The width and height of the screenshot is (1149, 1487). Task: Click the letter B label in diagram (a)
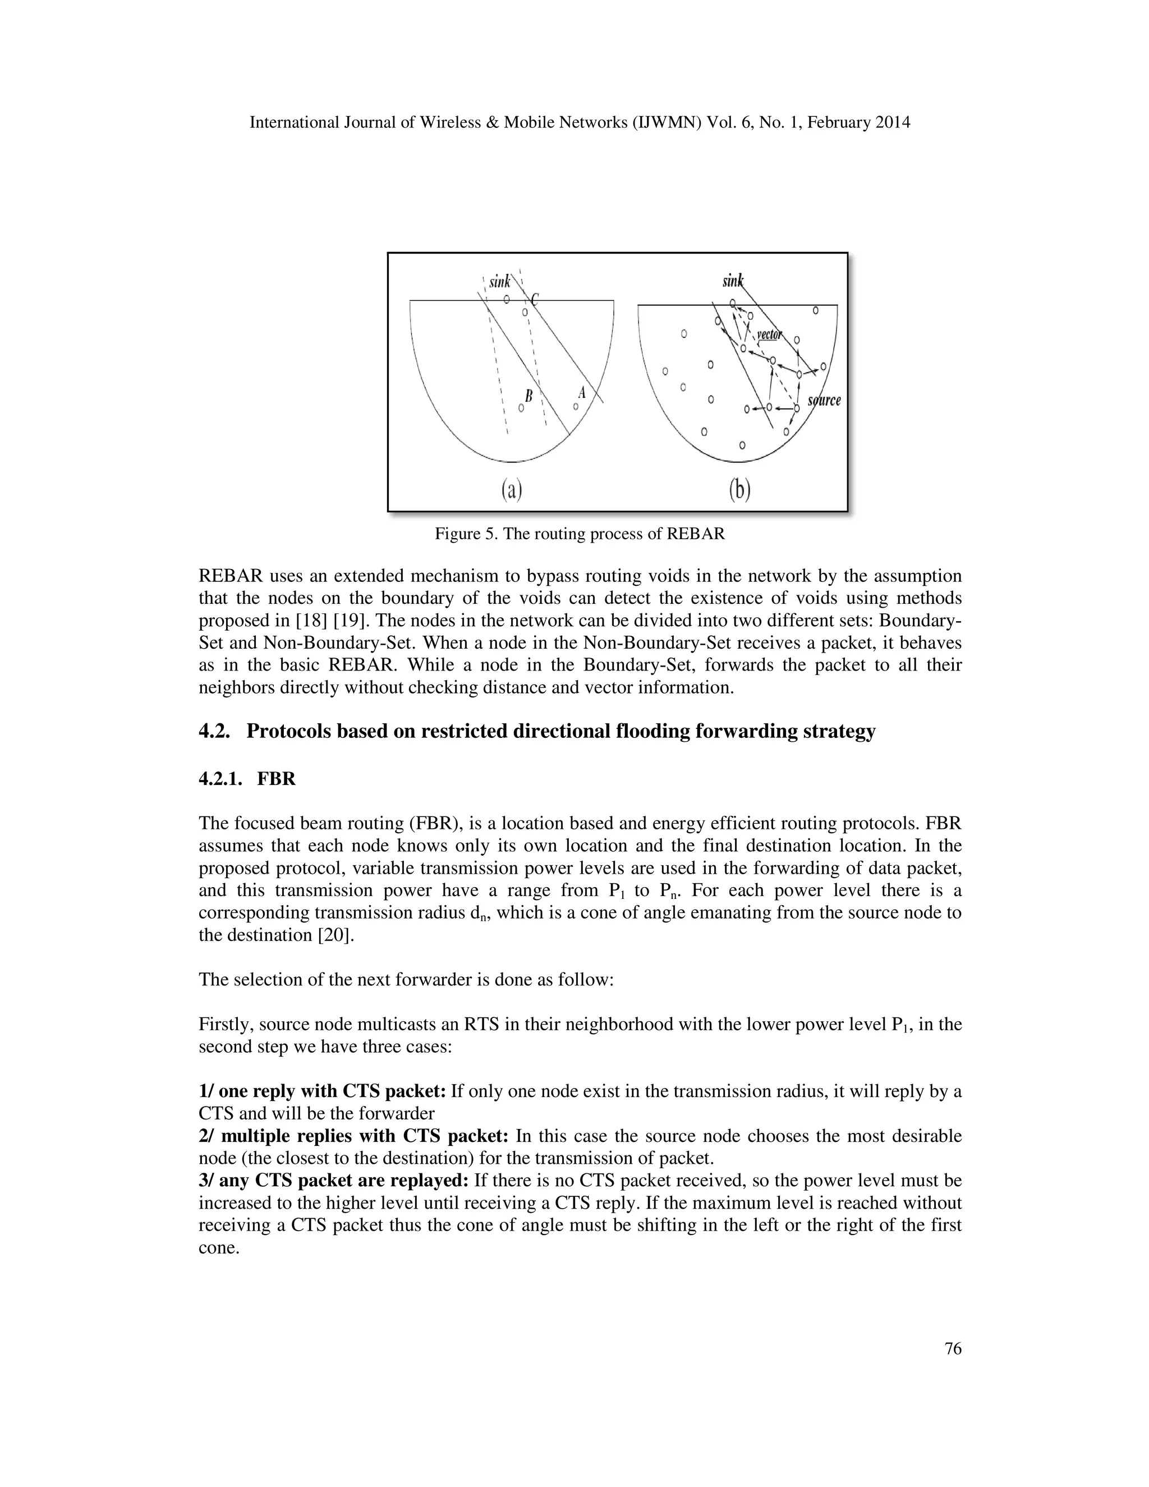(528, 394)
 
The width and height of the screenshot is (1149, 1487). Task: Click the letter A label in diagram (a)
(581, 392)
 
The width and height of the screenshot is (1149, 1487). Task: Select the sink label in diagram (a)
(500, 281)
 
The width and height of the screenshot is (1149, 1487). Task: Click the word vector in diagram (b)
(770, 334)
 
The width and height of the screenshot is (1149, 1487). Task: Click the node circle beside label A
(576, 406)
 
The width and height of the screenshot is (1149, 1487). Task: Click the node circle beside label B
(521, 408)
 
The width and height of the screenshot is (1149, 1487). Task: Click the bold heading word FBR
(277, 779)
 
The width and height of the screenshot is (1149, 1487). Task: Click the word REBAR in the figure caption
(696, 534)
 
